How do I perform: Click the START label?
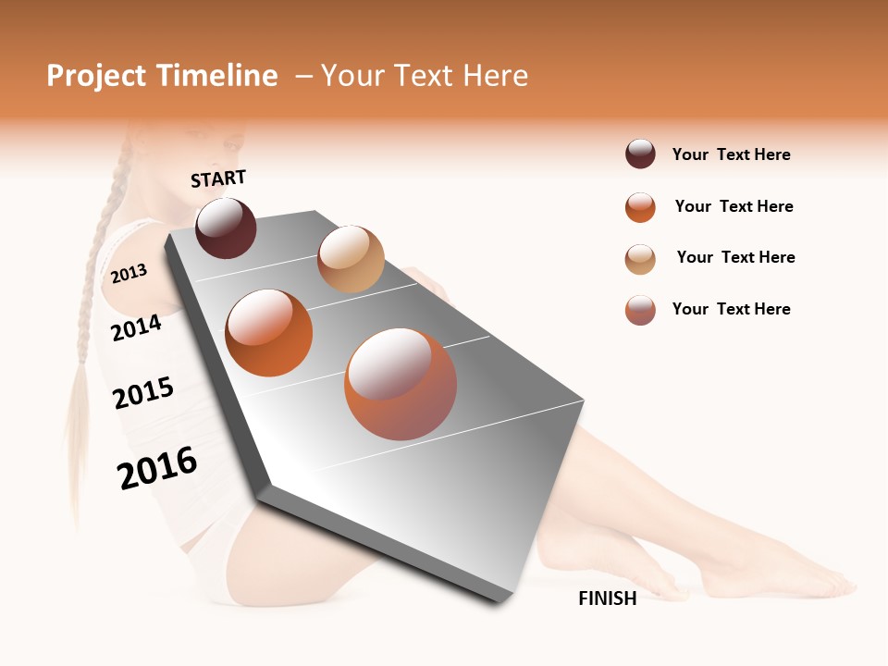point(218,179)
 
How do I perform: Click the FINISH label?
point(608,598)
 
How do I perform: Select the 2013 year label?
point(129,273)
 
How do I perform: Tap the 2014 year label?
point(137,327)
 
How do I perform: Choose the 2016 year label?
point(157,467)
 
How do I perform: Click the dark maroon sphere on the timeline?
point(226,228)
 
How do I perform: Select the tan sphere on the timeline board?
point(351,258)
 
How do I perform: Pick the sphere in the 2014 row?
point(268,332)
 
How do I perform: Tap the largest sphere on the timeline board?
point(401,383)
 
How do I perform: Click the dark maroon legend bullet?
point(640,154)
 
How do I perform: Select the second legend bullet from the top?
point(640,207)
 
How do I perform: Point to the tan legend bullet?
point(640,259)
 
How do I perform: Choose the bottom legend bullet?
point(640,310)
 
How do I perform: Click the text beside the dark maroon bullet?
point(731,154)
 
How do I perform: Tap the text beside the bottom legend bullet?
point(731,309)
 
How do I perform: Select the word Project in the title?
point(96,76)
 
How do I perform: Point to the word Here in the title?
point(495,76)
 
